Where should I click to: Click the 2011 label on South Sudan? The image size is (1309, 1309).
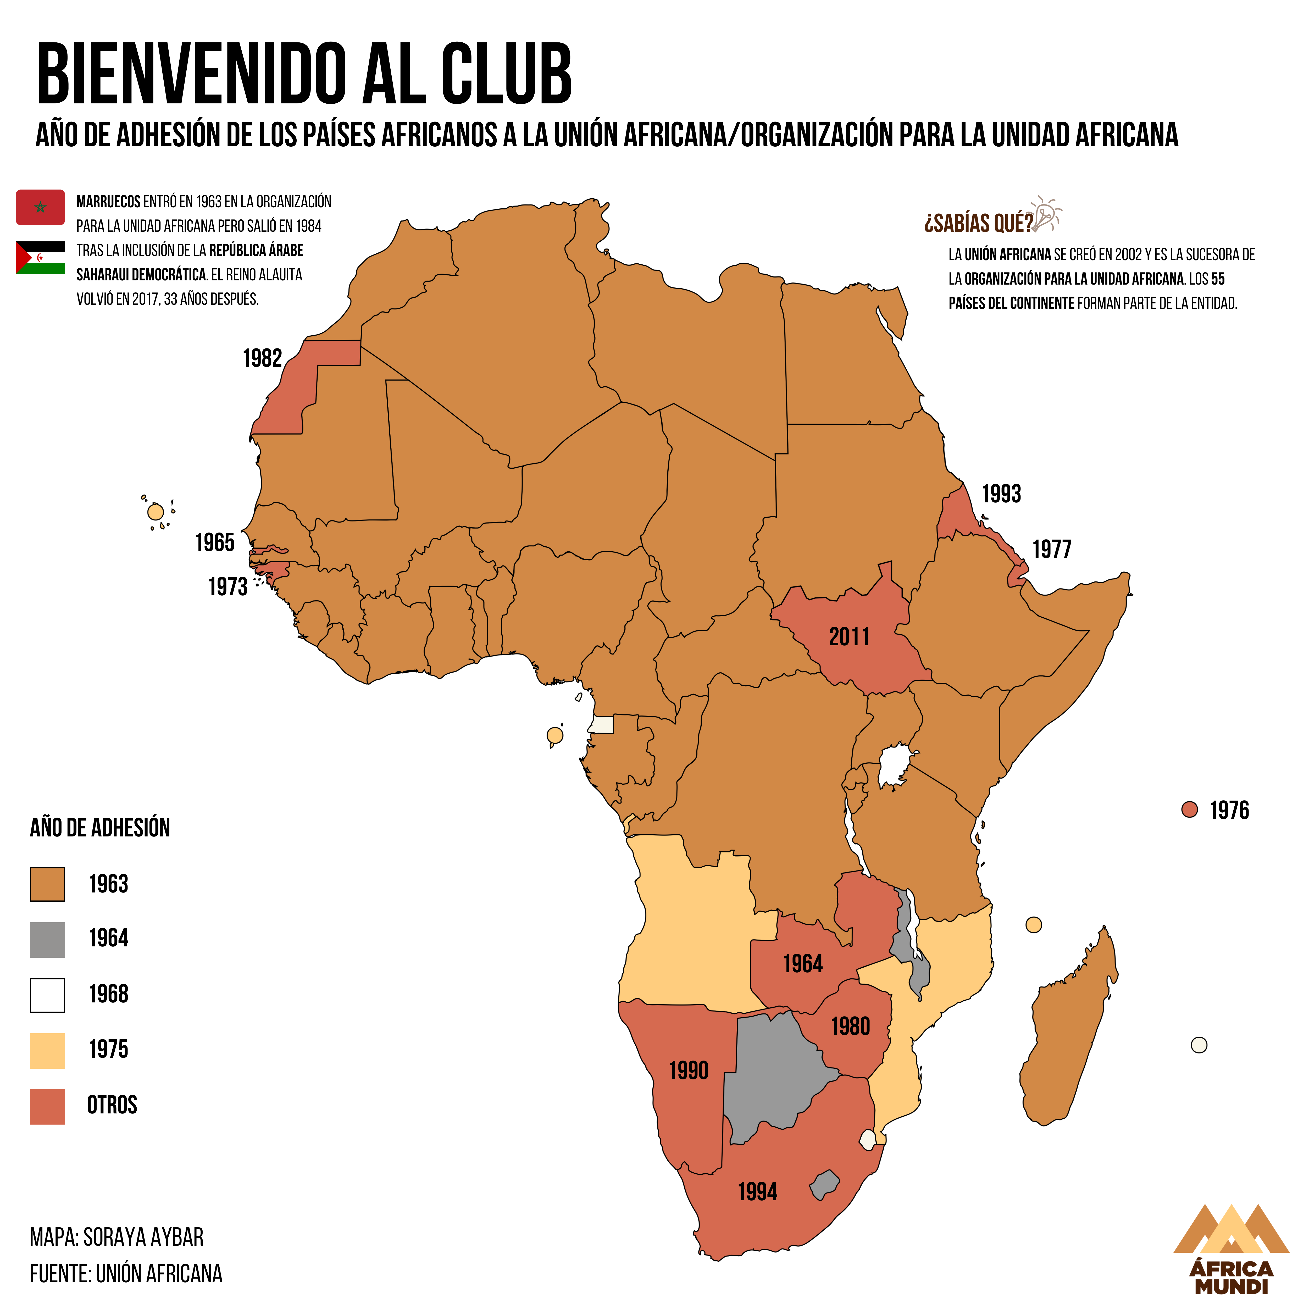point(849,637)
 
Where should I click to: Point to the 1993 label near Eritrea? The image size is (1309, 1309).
point(1001,493)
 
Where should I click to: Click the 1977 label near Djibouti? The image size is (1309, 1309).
point(1052,549)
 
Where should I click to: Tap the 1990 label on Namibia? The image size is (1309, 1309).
point(688,1071)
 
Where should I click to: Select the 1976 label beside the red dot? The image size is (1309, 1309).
point(1229,810)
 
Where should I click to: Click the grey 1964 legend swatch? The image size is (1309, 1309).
point(47,940)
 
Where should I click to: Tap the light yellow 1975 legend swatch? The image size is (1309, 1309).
point(47,1051)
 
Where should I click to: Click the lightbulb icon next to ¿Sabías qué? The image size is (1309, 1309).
point(1047,214)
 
